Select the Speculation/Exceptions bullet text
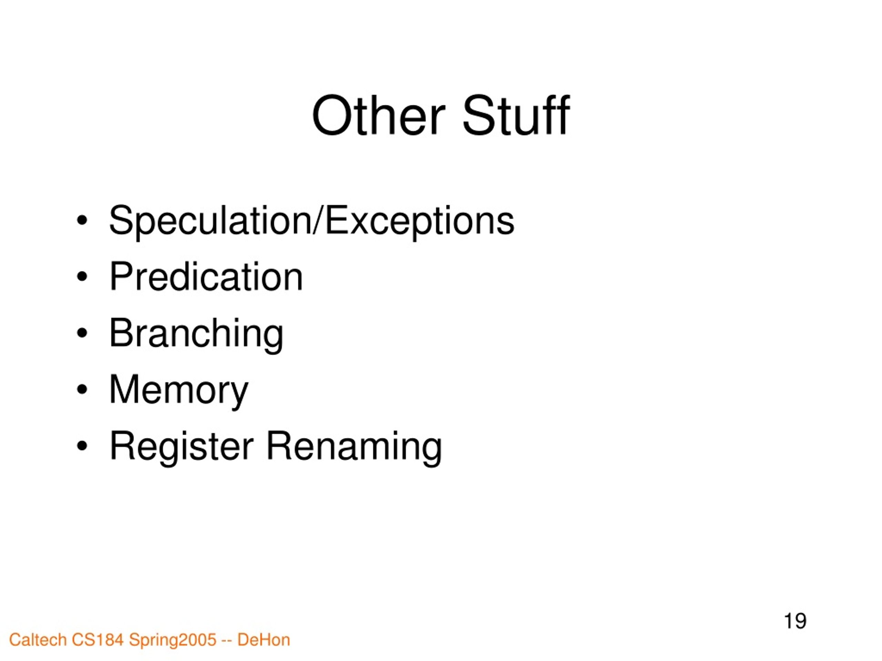click(311, 220)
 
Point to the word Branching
click(196, 334)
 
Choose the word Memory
click(178, 390)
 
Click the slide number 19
click(795, 621)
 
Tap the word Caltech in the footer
click(38, 640)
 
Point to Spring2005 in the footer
click(173, 640)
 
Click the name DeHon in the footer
click(264, 640)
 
